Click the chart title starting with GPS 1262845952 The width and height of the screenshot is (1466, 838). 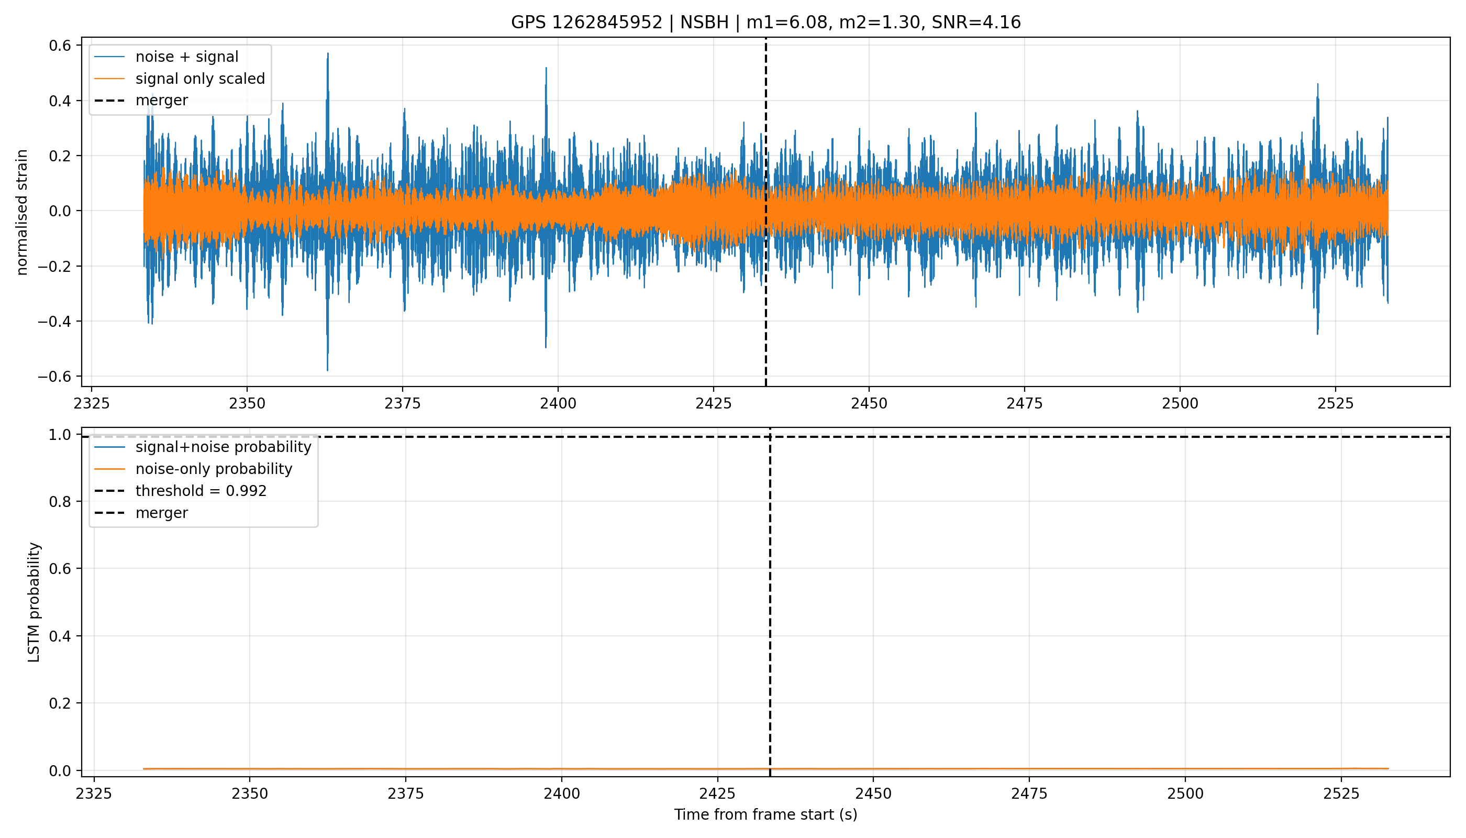click(x=766, y=23)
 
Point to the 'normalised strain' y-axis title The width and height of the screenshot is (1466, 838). click(x=22, y=212)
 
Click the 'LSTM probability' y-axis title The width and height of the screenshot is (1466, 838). click(x=34, y=602)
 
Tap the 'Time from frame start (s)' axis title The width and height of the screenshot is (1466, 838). click(x=766, y=815)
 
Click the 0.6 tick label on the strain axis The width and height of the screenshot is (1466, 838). click(x=60, y=46)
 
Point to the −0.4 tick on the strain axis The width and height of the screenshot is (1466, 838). click(x=54, y=321)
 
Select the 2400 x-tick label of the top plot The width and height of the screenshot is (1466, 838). click(x=558, y=403)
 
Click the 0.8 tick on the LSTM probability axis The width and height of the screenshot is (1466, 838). click(x=60, y=502)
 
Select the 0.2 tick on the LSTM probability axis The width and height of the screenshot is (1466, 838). click(x=60, y=703)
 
